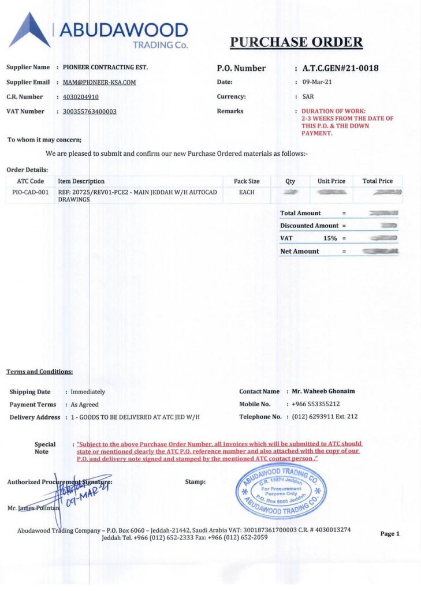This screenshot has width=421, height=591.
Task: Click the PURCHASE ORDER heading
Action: pyautogui.click(x=296, y=42)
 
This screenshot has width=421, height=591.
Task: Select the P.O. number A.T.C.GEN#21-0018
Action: pyautogui.click(x=340, y=68)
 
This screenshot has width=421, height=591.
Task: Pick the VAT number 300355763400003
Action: pyautogui.click(x=90, y=111)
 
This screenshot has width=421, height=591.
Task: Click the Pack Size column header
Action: pyautogui.click(x=247, y=181)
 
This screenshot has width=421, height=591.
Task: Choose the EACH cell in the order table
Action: pyautogui.click(x=247, y=192)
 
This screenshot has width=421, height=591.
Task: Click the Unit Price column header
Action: pyautogui.click(x=331, y=181)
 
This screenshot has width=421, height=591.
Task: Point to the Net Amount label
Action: pyautogui.click(x=299, y=251)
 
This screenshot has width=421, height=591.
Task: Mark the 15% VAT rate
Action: pyautogui.click(x=330, y=238)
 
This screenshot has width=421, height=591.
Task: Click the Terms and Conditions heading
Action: pyautogui.click(x=40, y=372)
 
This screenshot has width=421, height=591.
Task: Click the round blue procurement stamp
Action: pyautogui.click(x=281, y=490)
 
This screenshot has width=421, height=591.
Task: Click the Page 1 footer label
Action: pyautogui.click(x=390, y=534)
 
